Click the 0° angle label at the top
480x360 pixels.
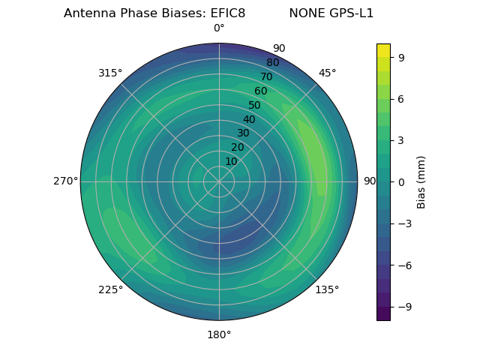click(219, 28)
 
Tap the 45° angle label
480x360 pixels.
click(327, 73)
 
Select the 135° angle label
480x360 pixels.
click(327, 289)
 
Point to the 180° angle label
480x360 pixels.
click(219, 334)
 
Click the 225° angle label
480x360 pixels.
click(110, 289)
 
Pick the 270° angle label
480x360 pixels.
click(65, 181)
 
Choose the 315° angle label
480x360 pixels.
click(110, 73)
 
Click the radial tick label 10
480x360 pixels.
click(231, 161)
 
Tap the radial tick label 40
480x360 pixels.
click(249, 119)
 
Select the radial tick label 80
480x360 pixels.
click(272, 62)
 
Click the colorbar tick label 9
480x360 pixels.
click(402, 57)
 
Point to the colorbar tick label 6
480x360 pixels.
click(402, 98)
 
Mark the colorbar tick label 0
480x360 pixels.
click(402, 181)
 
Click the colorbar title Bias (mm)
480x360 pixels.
click(421, 181)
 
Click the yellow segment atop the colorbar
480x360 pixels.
click(383, 50)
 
